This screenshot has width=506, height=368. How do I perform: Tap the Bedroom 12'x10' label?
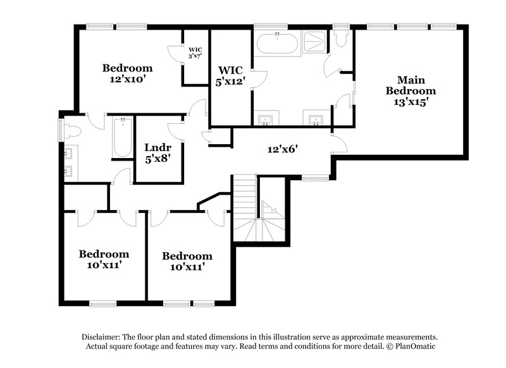click(x=128, y=74)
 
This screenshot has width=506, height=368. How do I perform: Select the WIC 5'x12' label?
click(x=231, y=75)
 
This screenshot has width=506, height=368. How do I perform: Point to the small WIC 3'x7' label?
click(x=195, y=52)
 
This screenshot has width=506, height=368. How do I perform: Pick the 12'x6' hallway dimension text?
click(x=281, y=150)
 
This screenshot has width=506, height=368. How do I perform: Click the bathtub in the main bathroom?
click(x=277, y=45)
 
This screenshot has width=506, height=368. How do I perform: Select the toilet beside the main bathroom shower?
click(x=342, y=40)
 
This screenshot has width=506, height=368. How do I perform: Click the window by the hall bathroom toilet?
click(x=61, y=129)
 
